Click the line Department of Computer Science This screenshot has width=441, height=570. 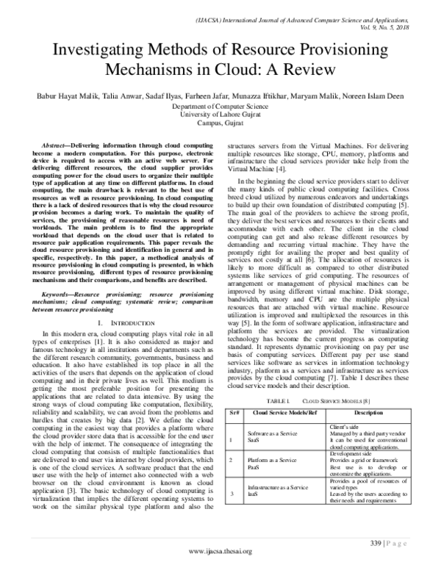pyautogui.click(x=220, y=107)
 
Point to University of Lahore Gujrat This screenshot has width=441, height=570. pyautogui.click(x=220, y=115)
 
